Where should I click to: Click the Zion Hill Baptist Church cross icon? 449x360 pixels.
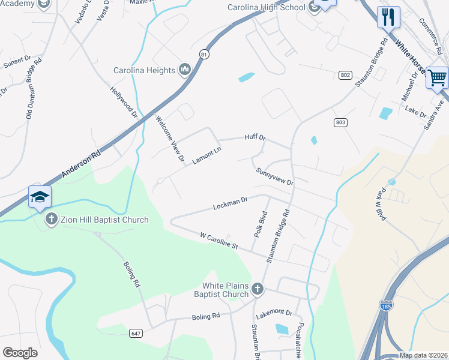click(x=53, y=220)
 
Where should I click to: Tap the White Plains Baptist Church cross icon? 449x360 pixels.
click(x=257, y=289)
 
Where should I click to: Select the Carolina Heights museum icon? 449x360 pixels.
click(x=185, y=70)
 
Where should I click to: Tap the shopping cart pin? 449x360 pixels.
click(x=437, y=77)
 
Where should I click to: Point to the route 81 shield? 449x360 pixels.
click(x=205, y=54)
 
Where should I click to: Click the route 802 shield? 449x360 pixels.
click(x=345, y=74)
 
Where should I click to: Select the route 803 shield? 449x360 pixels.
click(x=340, y=122)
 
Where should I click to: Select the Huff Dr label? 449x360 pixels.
click(x=255, y=137)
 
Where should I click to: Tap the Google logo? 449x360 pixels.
click(x=20, y=353)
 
